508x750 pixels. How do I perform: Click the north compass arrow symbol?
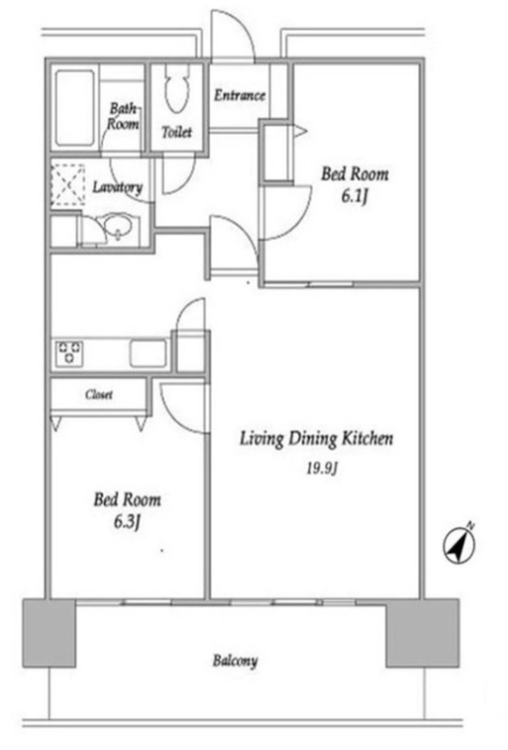tap(459, 546)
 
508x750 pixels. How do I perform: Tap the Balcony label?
tap(235, 662)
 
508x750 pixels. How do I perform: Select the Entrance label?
tap(239, 96)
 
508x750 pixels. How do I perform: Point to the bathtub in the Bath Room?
tap(75, 108)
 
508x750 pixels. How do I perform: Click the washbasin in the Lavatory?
tap(117, 227)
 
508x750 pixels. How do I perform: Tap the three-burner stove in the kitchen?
tap(69, 353)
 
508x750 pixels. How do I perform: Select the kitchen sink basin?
tap(148, 353)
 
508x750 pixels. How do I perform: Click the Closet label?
tap(99, 395)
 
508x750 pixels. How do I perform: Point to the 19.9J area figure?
tap(321, 469)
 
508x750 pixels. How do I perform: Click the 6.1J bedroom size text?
tap(354, 196)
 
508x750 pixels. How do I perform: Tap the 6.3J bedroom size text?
tap(127, 522)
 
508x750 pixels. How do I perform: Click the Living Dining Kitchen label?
tap(316, 439)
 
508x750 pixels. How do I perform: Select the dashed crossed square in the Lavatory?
tap(68, 185)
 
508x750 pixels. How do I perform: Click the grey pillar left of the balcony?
tap(49, 632)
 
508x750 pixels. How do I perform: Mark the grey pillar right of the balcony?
tap(423, 632)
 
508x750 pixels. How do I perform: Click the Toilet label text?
tap(177, 132)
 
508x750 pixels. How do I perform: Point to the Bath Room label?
tap(123, 116)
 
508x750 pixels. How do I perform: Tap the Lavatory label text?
tap(118, 187)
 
